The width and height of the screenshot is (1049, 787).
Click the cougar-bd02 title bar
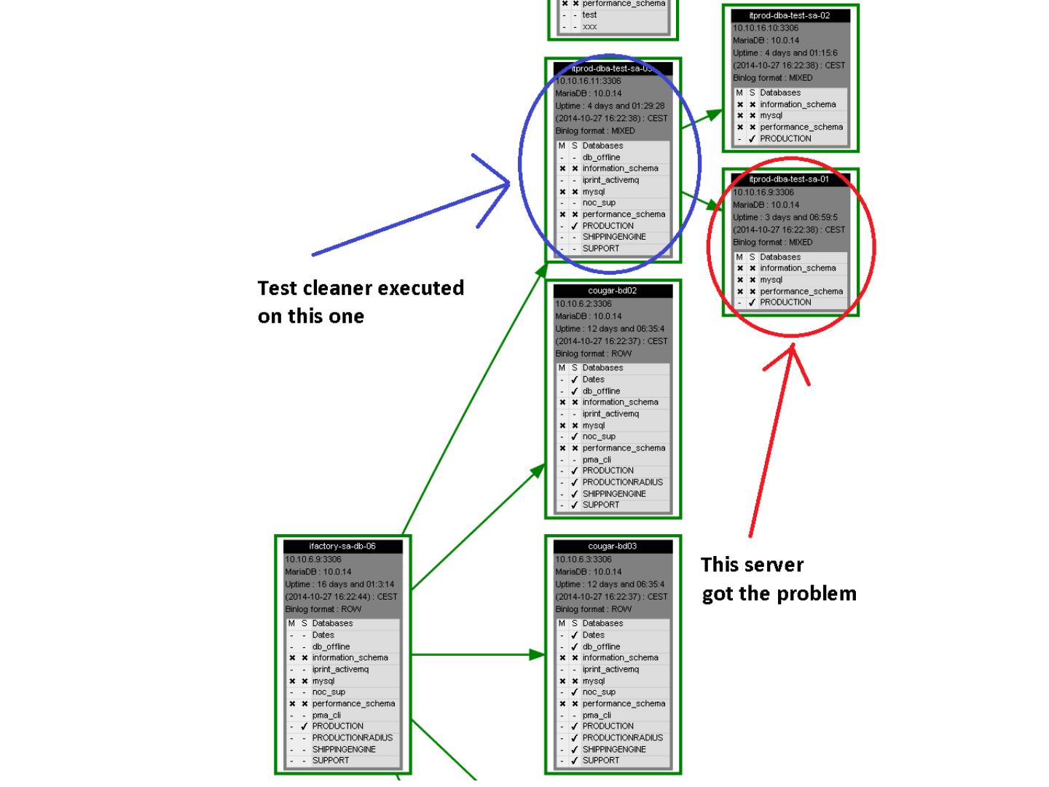612,291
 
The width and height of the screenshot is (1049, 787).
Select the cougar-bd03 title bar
612,547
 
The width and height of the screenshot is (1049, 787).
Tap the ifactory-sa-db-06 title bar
342,547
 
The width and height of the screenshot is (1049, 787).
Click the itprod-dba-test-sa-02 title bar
790,15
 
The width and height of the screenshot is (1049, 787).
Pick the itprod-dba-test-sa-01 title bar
790,179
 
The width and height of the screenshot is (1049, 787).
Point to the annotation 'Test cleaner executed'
361,289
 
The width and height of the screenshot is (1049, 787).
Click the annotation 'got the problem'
779,594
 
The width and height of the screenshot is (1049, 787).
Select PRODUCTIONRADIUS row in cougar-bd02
622,482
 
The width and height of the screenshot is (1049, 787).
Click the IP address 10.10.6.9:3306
313,560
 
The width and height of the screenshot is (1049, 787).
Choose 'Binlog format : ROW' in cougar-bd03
592,609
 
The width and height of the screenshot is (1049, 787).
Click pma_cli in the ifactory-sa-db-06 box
326,715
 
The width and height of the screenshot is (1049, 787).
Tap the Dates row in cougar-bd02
593,380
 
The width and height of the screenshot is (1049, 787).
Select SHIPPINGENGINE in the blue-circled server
613,237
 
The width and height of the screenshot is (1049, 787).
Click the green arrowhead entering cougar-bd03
538,654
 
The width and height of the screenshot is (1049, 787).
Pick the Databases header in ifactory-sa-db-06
332,624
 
